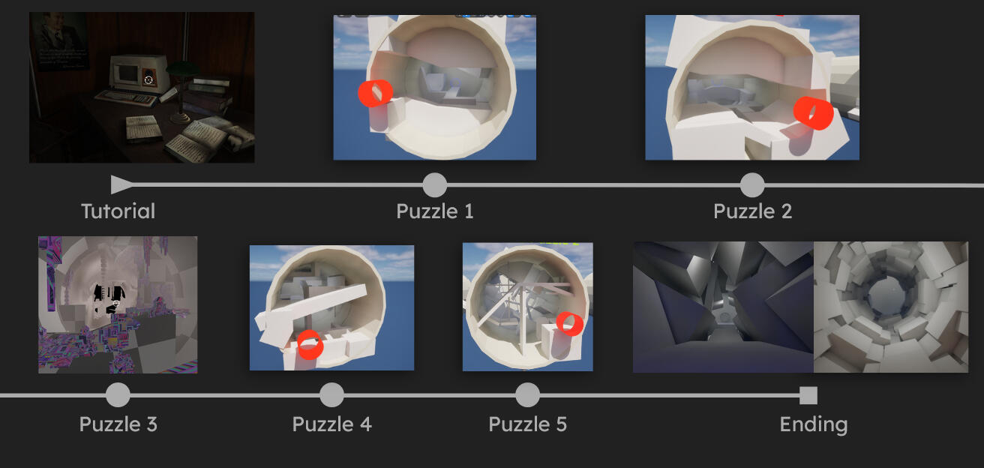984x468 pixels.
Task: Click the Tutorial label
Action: [x=118, y=211]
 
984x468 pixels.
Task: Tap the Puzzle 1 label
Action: [x=435, y=211]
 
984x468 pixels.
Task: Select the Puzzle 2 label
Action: [x=752, y=211]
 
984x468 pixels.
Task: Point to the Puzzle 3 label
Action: [x=118, y=424]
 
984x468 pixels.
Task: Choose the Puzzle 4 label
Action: [x=331, y=424]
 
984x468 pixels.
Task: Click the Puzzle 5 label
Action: [x=527, y=424]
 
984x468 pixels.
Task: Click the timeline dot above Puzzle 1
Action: [x=435, y=185]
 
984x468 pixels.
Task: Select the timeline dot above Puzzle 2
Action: [x=752, y=185]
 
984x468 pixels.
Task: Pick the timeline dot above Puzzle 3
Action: [x=118, y=395]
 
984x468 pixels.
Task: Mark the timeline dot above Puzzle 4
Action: [x=331, y=395]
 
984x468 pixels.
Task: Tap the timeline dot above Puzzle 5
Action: [x=527, y=395]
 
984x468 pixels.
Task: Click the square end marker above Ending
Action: [x=808, y=395]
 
